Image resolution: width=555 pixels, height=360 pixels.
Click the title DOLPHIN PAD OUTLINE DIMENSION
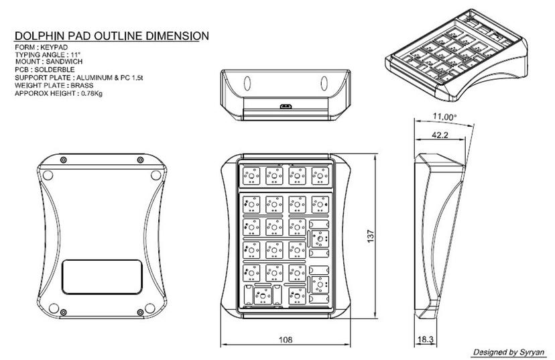(x=111, y=36)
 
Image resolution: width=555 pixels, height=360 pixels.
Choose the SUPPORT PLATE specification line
(x=81, y=78)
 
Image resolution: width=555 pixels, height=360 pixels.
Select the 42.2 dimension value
(x=440, y=135)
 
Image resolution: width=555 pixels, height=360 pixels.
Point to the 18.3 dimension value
(x=425, y=341)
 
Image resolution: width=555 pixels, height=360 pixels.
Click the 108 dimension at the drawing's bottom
(x=286, y=341)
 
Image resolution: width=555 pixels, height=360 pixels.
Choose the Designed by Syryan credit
(x=509, y=352)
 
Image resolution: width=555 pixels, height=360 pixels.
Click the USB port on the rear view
(x=286, y=106)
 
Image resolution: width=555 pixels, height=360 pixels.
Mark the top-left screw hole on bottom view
(x=63, y=160)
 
